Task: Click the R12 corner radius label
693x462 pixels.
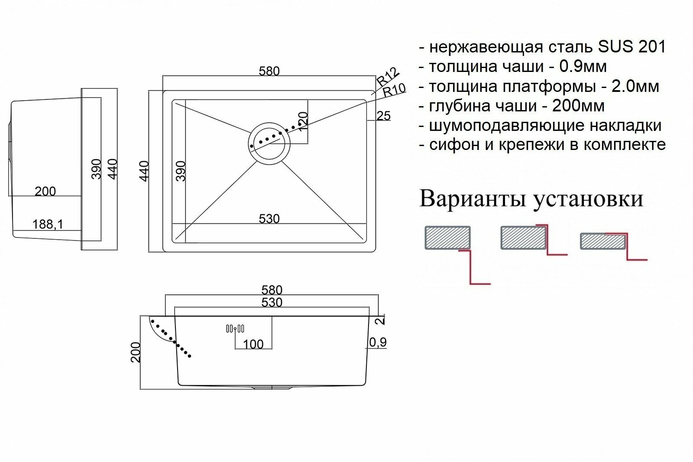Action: pyautogui.click(x=387, y=77)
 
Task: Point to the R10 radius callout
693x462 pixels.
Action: pyautogui.click(x=394, y=90)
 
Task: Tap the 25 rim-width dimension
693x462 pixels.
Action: pyautogui.click(x=384, y=116)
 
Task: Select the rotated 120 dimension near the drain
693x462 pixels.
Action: pyautogui.click(x=303, y=122)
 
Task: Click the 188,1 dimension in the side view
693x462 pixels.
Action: pyautogui.click(x=48, y=224)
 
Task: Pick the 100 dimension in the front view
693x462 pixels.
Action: pyautogui.click(x=253, y=344)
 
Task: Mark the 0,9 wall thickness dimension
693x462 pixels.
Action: pyautogui.click(x=378, y=342)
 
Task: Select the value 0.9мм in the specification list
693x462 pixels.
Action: pyautogui.click(x=583, y=66)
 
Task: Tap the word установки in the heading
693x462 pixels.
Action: pyautogui.click(x=588, y=199)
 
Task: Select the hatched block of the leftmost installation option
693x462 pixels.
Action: pyautogui.click(x=447, y=238)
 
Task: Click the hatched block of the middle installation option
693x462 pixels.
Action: pyautogui.click(x=523, y=238)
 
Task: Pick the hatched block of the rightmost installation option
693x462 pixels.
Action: pyautogui.click(x=602, y=241)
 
